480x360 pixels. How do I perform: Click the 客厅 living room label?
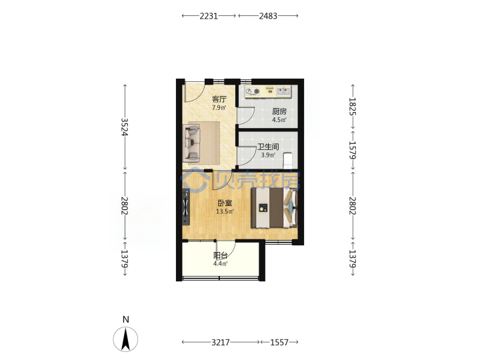click(219, 99)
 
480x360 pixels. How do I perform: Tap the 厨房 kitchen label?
click(279, 111)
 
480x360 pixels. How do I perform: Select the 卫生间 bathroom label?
click(268, 147)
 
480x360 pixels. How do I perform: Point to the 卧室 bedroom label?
click(225, 203)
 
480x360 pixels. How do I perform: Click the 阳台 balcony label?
click(221, 255)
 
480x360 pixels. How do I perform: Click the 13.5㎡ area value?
click(225, 211)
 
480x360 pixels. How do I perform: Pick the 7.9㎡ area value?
click(219, 108)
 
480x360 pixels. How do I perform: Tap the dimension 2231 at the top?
click(209, 16)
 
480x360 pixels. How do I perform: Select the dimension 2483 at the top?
click(268, 16)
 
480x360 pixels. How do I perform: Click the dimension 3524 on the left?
click(124, 127)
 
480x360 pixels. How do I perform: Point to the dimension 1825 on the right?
click(353, 106)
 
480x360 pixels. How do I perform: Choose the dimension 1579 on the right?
click(353, 150)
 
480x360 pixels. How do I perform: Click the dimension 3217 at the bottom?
click(221, 342)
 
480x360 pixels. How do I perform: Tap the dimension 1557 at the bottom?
click(279, 342)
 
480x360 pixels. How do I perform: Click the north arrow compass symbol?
click(125, 339)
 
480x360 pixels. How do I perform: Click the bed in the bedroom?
click(274, 208)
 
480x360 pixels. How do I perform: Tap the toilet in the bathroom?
click(288, 161)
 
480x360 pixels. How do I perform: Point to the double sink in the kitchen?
click(283, 91)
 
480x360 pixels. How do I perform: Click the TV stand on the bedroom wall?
click(185, 207)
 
